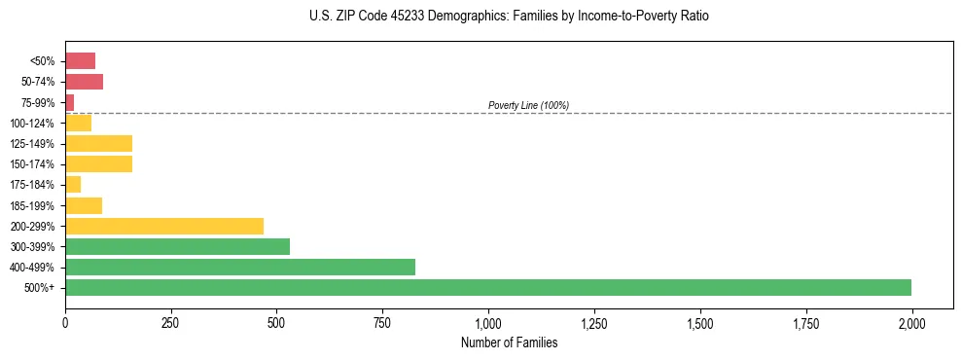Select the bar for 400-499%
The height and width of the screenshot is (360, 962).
pyautogui.click(x=240, y=267)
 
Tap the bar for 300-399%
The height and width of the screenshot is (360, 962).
pyautogui.click(x=177, y=246)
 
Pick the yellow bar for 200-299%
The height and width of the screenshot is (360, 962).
pyautogui.click(x=164, y=226)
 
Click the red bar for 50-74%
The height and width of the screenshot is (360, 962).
pyautogui.click(x=84, y=82)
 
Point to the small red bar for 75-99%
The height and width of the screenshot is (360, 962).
pyautogui.click(x=70, y=102)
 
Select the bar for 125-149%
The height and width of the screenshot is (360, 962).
pyautogui.click(x=98, y=144)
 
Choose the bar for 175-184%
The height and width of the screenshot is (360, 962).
pyautogui.click(x=73, y=184)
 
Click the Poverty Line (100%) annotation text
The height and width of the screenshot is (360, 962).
pyautogui.click(x=528, y=105)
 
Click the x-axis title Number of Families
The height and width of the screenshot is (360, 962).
pyautogui.click(x=509, y=342)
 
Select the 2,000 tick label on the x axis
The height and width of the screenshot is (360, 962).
pyautogui.click(x=911, y=322)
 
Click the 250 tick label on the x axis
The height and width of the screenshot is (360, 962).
pyautogui.click(x=171, y=322)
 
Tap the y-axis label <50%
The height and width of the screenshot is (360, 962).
pyautogui.click(x=43, y=61)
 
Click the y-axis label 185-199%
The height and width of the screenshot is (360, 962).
pyautogui.click(x=33, y=205)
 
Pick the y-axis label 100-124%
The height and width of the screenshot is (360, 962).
pyautogui.click(x=33, y=124)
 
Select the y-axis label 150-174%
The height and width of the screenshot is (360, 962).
pyautogui.click(x=33, y=164)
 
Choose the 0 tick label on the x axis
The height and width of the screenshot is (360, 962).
pyautogui.click(x=65, y=322)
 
